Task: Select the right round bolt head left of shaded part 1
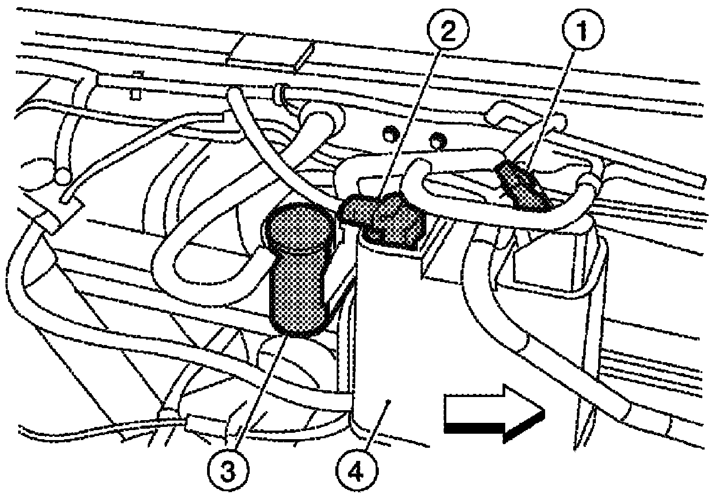(x=438, y=141)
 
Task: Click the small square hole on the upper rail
(x=136, y=95)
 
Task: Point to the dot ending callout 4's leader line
(x=389, y=402)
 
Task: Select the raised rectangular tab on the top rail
(x=270, y=53)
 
